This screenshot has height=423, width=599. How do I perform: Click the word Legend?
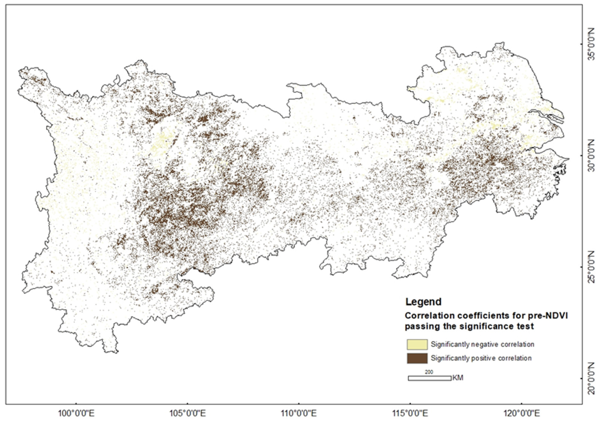pos(423,302)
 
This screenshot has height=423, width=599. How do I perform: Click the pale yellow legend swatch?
pos(417,344)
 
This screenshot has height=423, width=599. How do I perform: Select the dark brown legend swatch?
pos(417,358)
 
